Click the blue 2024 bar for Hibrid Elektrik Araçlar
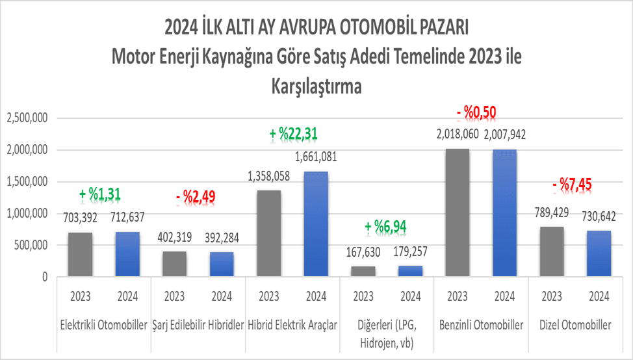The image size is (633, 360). pos(316,224)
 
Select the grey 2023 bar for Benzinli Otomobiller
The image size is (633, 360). pos(457,213)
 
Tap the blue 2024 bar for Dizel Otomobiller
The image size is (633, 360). pos(599,254)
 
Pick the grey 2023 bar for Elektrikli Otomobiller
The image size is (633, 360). pos(80,255)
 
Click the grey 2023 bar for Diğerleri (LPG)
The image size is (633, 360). pos(363,272)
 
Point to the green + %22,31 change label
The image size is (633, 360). pos(294,135)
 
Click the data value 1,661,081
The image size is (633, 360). pos(316,157)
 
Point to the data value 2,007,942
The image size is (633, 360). pos(505,135)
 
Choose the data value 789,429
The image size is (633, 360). pos(552,215)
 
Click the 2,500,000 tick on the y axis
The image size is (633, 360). pos(27,118)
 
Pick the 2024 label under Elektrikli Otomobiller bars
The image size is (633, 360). pos(127,297)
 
